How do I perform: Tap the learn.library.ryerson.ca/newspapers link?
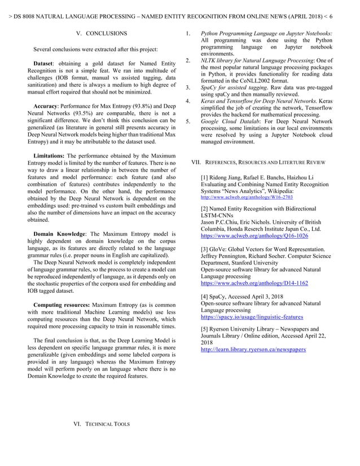253,350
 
